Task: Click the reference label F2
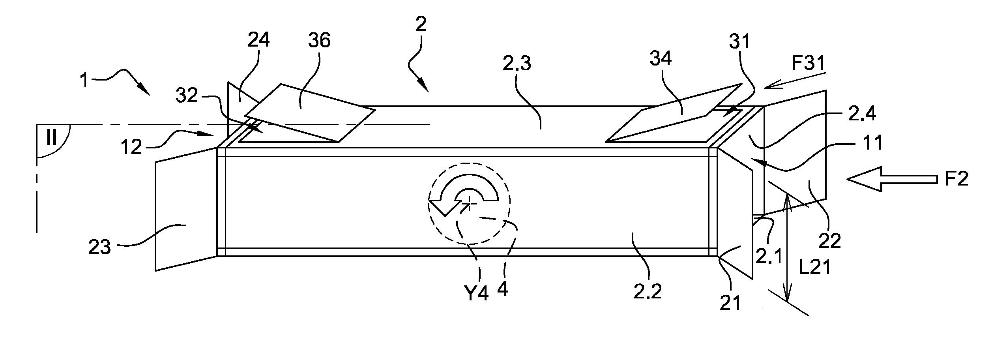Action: pos(956,180)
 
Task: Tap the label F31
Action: pos(807,63)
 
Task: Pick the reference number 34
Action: pos(660,59)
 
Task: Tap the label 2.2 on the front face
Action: pos(648,292)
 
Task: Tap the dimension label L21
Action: pos(815,268)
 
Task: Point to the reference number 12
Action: pos(131,147)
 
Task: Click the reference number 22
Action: pos(829,240)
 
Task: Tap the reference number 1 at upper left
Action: pos(84,81)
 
